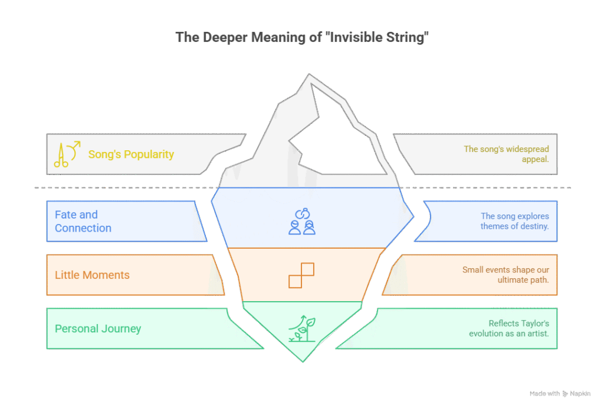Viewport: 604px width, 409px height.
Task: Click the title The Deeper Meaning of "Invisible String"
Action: [302, 37]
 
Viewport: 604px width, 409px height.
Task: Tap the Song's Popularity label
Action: [131, 154]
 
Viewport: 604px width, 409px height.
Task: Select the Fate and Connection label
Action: [83, 221]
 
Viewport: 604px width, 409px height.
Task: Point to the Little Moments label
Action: [92, 275]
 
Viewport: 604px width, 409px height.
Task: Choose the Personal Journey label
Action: [98, 329]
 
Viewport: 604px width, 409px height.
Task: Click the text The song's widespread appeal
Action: [506, 154]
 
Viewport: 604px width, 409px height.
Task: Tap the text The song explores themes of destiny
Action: [514, 221]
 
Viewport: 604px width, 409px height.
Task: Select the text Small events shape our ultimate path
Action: [505, 275]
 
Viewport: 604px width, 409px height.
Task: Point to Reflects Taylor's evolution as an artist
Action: [509, 328]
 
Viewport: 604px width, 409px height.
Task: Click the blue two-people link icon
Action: [302, 222]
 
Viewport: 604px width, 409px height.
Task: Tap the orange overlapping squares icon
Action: [301, 275]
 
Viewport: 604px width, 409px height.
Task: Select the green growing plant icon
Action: [302, 329]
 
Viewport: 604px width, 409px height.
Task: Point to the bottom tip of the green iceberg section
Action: [303, 362]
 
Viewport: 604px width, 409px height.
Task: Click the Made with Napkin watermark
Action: [560, 394]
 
